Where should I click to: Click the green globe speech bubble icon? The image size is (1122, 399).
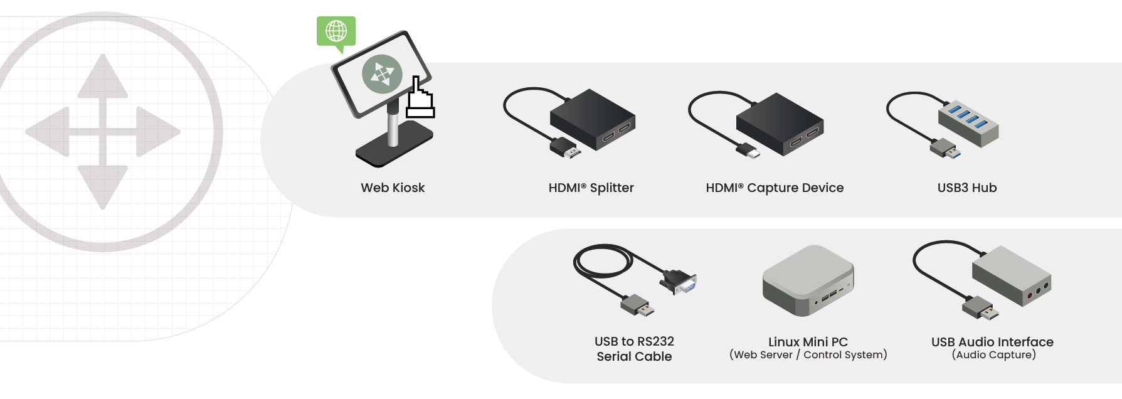pos(336,31)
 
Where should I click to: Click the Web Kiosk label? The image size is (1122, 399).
pos(393,188)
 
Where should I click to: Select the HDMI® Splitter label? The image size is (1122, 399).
pos(591,188)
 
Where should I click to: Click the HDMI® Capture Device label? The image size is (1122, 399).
pos(775,188)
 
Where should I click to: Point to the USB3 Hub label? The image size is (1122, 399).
pos(966,188)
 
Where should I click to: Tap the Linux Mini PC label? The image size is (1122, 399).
pos(808,342)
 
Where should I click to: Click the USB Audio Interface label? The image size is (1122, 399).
pos(992,342)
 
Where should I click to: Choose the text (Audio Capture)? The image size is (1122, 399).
pos(993,355)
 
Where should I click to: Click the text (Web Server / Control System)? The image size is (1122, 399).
pos(808,355)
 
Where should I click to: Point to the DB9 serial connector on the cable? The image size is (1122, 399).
pos(679,282)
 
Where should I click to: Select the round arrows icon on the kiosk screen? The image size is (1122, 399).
pos(382,73)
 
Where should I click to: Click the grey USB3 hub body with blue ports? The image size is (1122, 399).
pos(968,120)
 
